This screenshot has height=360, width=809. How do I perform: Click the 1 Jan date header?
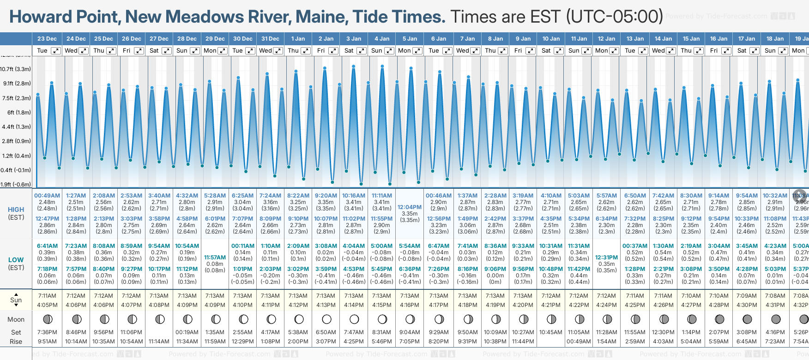pos(298,39)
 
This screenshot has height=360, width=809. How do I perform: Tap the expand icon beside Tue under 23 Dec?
pos(55,51)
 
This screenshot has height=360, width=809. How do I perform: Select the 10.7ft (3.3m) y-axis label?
pos(16,69)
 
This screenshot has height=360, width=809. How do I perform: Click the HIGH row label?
pos(16,210)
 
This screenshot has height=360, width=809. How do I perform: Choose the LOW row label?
pos(16,260)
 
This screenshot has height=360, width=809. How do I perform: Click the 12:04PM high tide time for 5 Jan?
pos(410,207)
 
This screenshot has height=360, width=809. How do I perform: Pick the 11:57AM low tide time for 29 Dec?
pos(215,258)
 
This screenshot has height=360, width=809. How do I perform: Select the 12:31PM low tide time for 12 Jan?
pos(606,258)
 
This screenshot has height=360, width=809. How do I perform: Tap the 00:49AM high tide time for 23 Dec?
pos(47,196)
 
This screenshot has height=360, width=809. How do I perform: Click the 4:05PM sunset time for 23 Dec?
pos(47,305)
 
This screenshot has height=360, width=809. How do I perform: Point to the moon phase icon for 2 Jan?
pos(326,319)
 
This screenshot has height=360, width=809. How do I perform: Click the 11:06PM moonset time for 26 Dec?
pos(132,332)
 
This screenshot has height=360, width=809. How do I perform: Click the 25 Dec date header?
pos(103,39)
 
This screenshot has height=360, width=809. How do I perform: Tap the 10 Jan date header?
pos(551,39)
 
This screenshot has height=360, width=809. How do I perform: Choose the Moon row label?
pos(16,319)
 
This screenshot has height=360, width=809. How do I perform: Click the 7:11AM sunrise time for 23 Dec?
pos(47,296)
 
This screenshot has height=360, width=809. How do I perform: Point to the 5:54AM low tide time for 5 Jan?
pos(410,246)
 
